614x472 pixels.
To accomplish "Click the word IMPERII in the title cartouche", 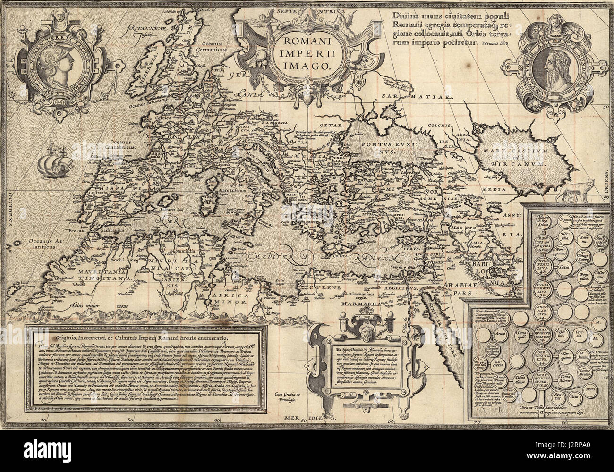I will (302, 51).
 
